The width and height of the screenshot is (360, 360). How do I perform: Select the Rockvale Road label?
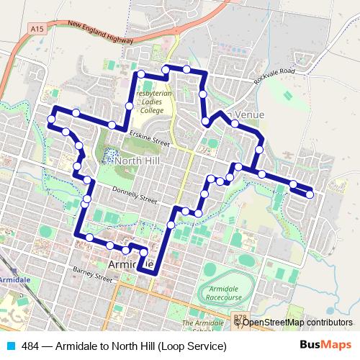[x=274, y=76]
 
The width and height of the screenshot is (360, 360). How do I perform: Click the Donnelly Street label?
[x=133, y=194]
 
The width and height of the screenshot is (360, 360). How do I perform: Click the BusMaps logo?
[x=325, y=346]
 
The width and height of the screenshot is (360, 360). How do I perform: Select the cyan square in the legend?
[x=9, y=346]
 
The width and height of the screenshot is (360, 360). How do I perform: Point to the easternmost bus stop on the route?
[x=310, y=193]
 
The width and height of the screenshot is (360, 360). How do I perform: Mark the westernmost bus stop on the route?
[x=52, y=119]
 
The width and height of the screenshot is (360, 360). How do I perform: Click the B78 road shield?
[x=239, y=317]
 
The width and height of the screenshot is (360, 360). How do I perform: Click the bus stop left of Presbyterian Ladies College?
[x=130, y=106]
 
